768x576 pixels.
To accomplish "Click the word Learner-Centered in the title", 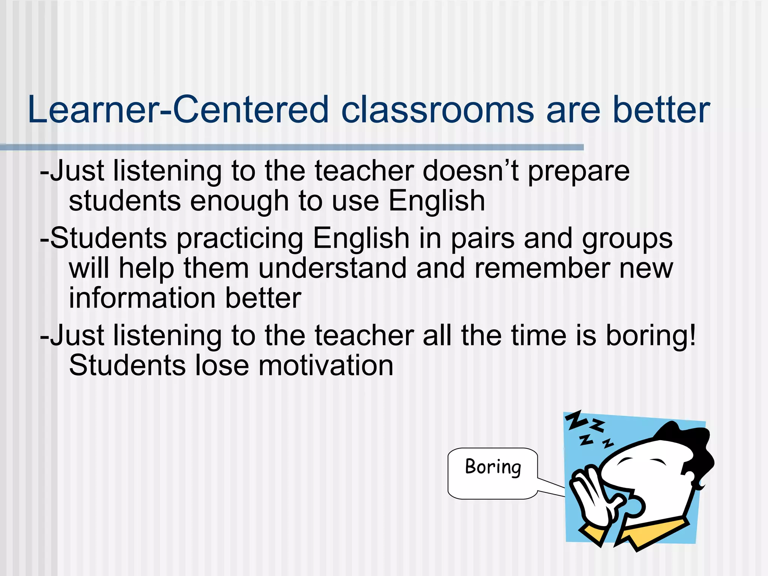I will point(178,110).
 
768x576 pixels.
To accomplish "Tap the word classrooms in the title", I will point(437,110).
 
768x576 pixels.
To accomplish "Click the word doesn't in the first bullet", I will point(471,171).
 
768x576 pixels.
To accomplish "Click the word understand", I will point(333,268).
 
